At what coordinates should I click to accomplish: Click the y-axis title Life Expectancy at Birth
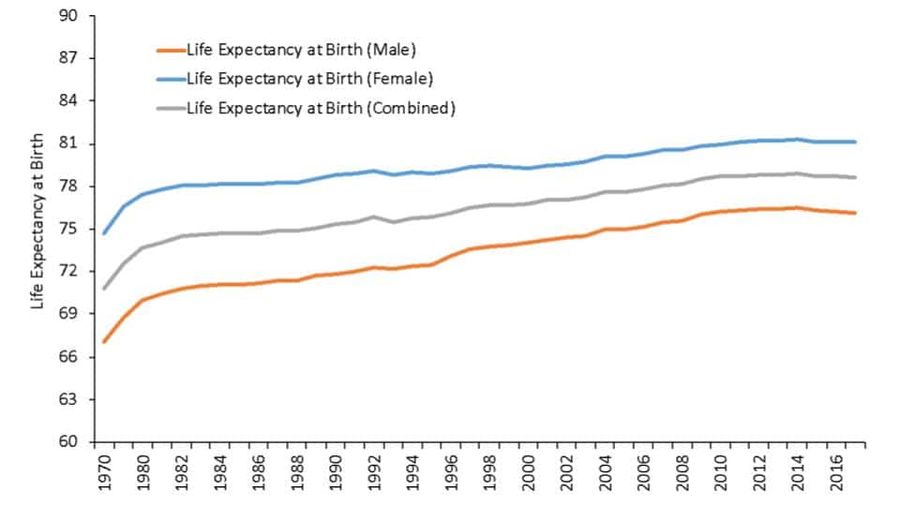38,230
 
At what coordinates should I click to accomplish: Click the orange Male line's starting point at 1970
104,341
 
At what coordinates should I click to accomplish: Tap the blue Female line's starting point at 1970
104,232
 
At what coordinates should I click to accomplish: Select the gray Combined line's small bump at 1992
373,216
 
